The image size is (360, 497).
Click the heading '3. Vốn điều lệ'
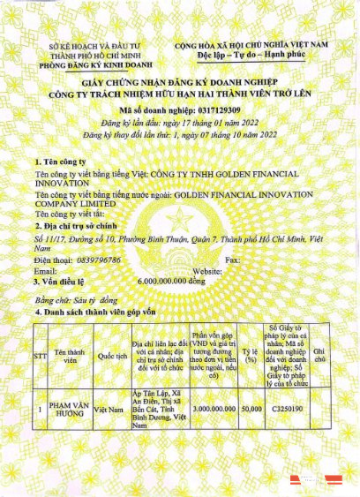pos(56,281)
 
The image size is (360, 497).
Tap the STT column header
pos(37,356)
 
